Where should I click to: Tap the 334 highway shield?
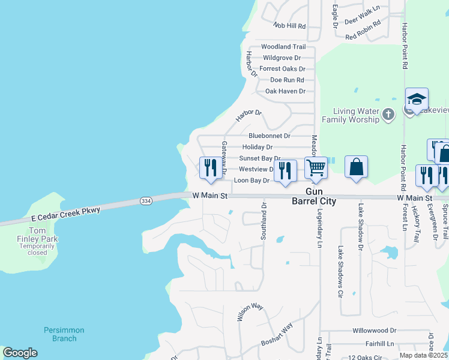(145, 200)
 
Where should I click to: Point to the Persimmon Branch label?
(64, 334)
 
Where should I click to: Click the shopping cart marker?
(316, 169)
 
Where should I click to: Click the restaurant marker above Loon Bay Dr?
(210, 168)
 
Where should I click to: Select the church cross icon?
(388, 114)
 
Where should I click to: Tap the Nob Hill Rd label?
(289, 26)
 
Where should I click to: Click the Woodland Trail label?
(283, 47)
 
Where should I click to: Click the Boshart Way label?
(277, 334)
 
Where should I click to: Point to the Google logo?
(20, 353)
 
